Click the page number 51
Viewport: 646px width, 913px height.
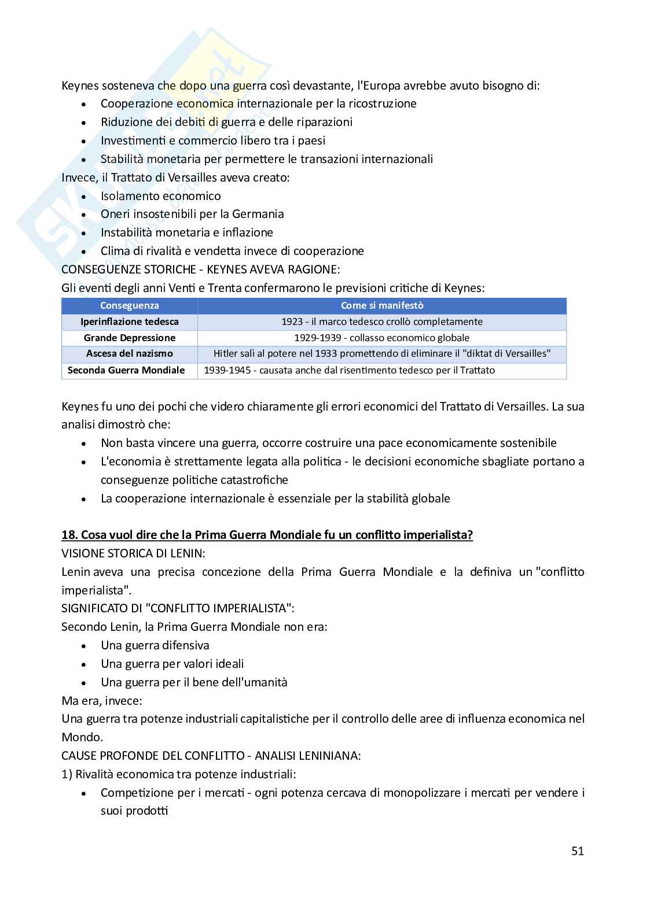pos(577,851)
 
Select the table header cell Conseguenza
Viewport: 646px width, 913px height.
pos(129,306)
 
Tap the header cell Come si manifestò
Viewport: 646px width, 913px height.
pos(382,306)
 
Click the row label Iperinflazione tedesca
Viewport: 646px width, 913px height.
pos(129,321)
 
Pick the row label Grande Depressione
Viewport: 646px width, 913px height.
pos(129,338)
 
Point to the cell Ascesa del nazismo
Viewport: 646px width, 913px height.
pos(129,353)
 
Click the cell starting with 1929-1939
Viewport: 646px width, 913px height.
pos(381,338)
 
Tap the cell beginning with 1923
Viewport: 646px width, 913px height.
pos(381,321)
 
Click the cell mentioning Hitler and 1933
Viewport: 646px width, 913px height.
pos(381,353)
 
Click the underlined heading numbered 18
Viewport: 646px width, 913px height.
pos(267,535)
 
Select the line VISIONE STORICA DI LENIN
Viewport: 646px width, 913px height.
pos(133,553)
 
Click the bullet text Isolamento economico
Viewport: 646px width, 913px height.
pos(160,196)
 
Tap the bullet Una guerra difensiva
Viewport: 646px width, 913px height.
pos(155,645)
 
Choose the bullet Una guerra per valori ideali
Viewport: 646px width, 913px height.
pos(172,664)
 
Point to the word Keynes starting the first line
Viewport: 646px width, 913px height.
pos(80,86)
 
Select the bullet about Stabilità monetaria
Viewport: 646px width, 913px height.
pos(266,159)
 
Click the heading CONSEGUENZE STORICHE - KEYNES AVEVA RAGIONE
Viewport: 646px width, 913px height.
pos(201,269)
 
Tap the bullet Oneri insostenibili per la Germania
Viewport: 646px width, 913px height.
pos(192,214)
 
